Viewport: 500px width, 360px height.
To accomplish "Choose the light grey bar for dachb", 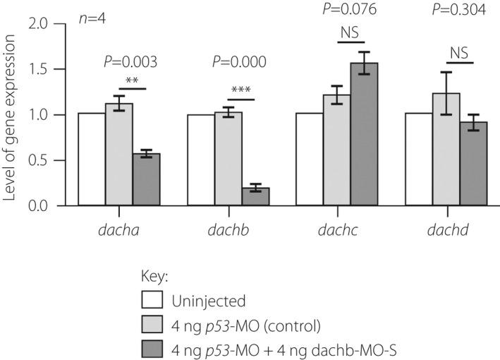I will click(x=228, y=159).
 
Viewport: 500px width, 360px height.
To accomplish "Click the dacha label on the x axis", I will click(x=118, y=229).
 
